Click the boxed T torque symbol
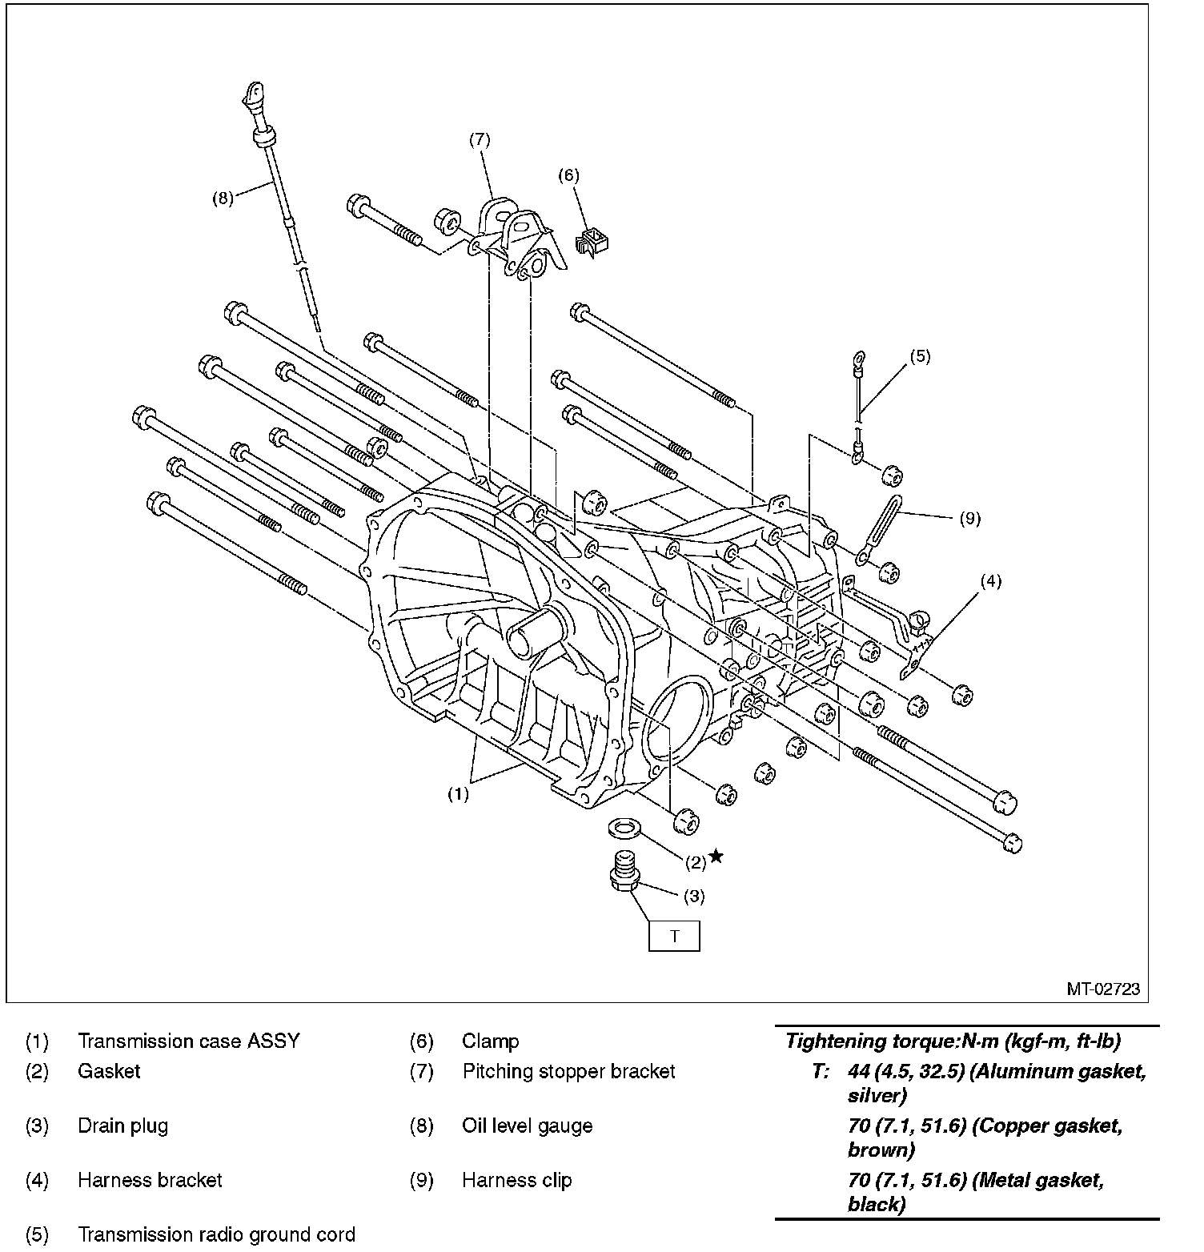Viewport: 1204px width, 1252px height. click(x=673, y=936)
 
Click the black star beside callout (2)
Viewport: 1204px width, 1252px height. click(x=716, y=857)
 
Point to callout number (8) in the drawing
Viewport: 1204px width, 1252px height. click(x=223, y=199)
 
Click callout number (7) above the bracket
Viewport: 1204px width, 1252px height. click(x=480, y=139)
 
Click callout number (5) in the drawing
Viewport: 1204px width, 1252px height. click(x=920, y=356)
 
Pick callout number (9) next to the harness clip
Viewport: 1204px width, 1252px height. click(x=969, y=519)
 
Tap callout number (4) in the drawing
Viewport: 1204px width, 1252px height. click(x=991, y=581)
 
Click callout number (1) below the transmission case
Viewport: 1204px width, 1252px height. click(x=457, y=794)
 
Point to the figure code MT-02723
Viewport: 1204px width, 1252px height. click(x=1102, y=989)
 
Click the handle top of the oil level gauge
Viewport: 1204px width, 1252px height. click(x=253, y=94)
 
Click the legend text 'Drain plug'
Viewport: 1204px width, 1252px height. click(x=122, y=1126)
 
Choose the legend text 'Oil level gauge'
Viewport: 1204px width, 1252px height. click(x=527, y=1126)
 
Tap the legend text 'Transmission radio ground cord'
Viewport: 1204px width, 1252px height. click(x=216, y=1234)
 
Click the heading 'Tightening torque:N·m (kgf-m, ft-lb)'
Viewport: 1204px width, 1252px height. click(x=953, y=1041)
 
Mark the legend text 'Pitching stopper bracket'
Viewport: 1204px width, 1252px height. click(x=568, y=1071)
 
